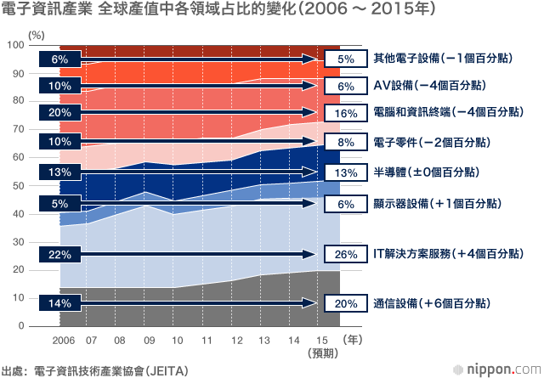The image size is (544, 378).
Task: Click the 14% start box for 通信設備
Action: pos(60,303)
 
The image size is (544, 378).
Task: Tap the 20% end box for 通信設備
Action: pos(346,303)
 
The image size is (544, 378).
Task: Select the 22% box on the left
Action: pos(60,255)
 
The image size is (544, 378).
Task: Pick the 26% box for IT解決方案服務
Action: pos(346,254)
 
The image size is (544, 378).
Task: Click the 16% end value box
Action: pos(346,113)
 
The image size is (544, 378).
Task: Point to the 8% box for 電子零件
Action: pos(346,142)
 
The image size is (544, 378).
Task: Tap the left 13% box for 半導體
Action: pos(60,172)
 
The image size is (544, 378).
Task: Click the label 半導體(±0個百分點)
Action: pos(426,172)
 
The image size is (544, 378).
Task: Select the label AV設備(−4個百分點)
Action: pos(429,85)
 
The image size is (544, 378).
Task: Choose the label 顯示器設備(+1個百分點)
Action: pos(437,203)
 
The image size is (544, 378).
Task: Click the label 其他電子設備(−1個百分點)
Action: pos(443,58)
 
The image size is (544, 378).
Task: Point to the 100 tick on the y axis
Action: pos(16,45)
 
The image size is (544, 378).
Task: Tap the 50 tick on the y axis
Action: pos(19,185)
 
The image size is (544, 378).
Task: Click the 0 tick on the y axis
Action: pos(21,325)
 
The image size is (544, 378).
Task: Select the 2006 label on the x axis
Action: pos(64,340)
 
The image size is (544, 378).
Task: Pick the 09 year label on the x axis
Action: pos(150,340)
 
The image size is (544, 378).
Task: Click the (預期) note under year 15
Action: pos(323,353)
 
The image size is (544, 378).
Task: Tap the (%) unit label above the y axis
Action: pos(36,35)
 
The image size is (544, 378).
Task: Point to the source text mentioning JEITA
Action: pos(94,370)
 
